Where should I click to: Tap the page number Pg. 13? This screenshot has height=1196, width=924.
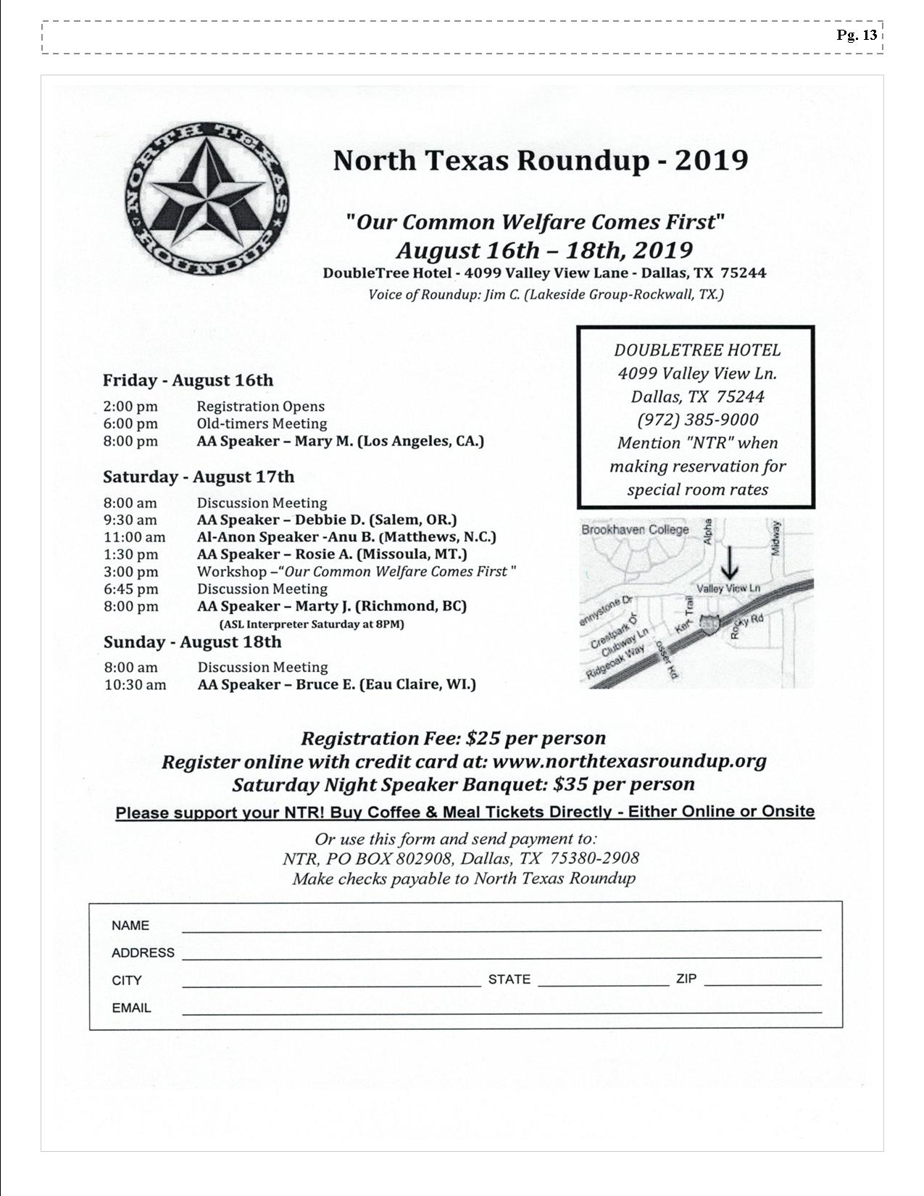click(857, 35)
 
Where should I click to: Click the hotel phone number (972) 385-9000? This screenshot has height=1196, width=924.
click(697, 420)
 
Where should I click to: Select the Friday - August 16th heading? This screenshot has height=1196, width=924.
click(188, 381)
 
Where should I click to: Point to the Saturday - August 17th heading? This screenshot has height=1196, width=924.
click(199, 477)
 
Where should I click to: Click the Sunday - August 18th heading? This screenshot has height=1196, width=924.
click(192, 642)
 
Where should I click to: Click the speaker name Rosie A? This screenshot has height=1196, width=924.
click(323, 555)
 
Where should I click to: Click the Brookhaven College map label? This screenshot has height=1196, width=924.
click(635, 530)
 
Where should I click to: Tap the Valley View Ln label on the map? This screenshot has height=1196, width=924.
click(728, 588)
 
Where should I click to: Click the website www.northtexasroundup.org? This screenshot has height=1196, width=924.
click(629, 761)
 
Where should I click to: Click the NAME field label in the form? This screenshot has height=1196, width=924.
click(130, 926)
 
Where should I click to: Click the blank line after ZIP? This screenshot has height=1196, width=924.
click(762, 984)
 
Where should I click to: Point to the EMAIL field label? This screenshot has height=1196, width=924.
click(131, 1008)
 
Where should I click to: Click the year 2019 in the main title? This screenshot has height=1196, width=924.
click(711, 160)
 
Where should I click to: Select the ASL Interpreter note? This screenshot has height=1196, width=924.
click(312, 624)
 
